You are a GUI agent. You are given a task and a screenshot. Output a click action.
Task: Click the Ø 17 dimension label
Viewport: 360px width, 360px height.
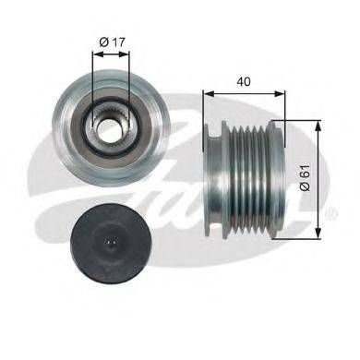point(113,42)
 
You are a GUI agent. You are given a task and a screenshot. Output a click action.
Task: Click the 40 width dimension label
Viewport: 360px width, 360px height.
point(244,81)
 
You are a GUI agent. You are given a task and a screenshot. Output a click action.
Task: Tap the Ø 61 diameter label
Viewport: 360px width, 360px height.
point(306,177)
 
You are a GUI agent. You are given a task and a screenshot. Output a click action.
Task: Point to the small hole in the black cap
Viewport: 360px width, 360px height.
point(111,243)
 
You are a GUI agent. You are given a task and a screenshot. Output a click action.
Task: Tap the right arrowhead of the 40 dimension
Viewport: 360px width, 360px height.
point(280,93)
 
